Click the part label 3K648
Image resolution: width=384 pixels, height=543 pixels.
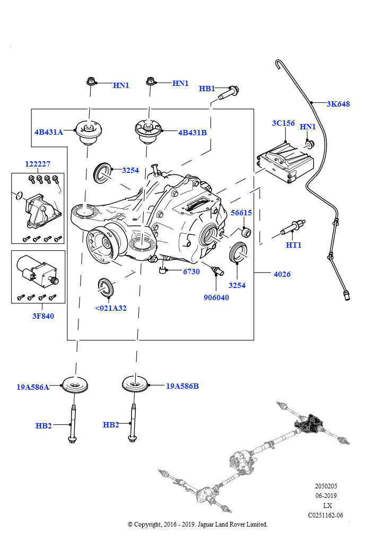(338, 104)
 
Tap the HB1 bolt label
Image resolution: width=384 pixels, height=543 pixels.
(207, 89)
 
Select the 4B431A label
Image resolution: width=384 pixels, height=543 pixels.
(49, 132)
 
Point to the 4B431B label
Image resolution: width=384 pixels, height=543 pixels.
(192, 133)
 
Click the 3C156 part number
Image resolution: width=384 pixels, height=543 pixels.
(283, 123)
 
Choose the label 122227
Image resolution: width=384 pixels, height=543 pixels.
(38, 164)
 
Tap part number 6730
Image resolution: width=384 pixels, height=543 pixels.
(191, 271)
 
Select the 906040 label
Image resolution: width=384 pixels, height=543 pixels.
(216, 297)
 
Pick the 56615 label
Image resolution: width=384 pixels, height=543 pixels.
(241, 213)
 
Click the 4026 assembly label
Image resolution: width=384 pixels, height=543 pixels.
(282, 274)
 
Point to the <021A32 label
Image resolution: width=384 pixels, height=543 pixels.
(111, 308)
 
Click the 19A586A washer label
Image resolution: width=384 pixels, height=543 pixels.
(33, 387)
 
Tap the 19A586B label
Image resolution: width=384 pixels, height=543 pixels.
(182, 386)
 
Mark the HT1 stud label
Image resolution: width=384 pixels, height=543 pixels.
(293, 245)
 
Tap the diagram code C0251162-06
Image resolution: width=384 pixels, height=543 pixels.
(326, 515)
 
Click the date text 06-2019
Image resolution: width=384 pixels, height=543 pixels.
(326, 496)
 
